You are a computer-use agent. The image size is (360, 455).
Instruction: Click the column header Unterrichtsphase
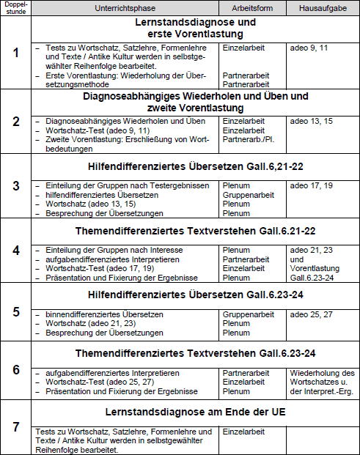coord(130,7)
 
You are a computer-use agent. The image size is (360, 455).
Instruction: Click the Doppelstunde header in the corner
coord(16,7)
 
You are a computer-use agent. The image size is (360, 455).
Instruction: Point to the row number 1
coord(16,52)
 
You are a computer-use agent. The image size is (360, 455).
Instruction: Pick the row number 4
coord(16,249)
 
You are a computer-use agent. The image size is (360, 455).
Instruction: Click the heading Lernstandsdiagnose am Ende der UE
coord(195,412)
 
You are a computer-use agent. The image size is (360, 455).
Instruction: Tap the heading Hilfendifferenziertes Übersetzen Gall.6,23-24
coord(195,295)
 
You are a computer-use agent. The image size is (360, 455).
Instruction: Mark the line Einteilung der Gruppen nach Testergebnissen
coord(127,185)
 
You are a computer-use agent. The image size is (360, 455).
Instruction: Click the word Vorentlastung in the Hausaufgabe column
coord(314,268)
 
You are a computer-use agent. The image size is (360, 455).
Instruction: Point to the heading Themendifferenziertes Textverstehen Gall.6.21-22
coord(195,231)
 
